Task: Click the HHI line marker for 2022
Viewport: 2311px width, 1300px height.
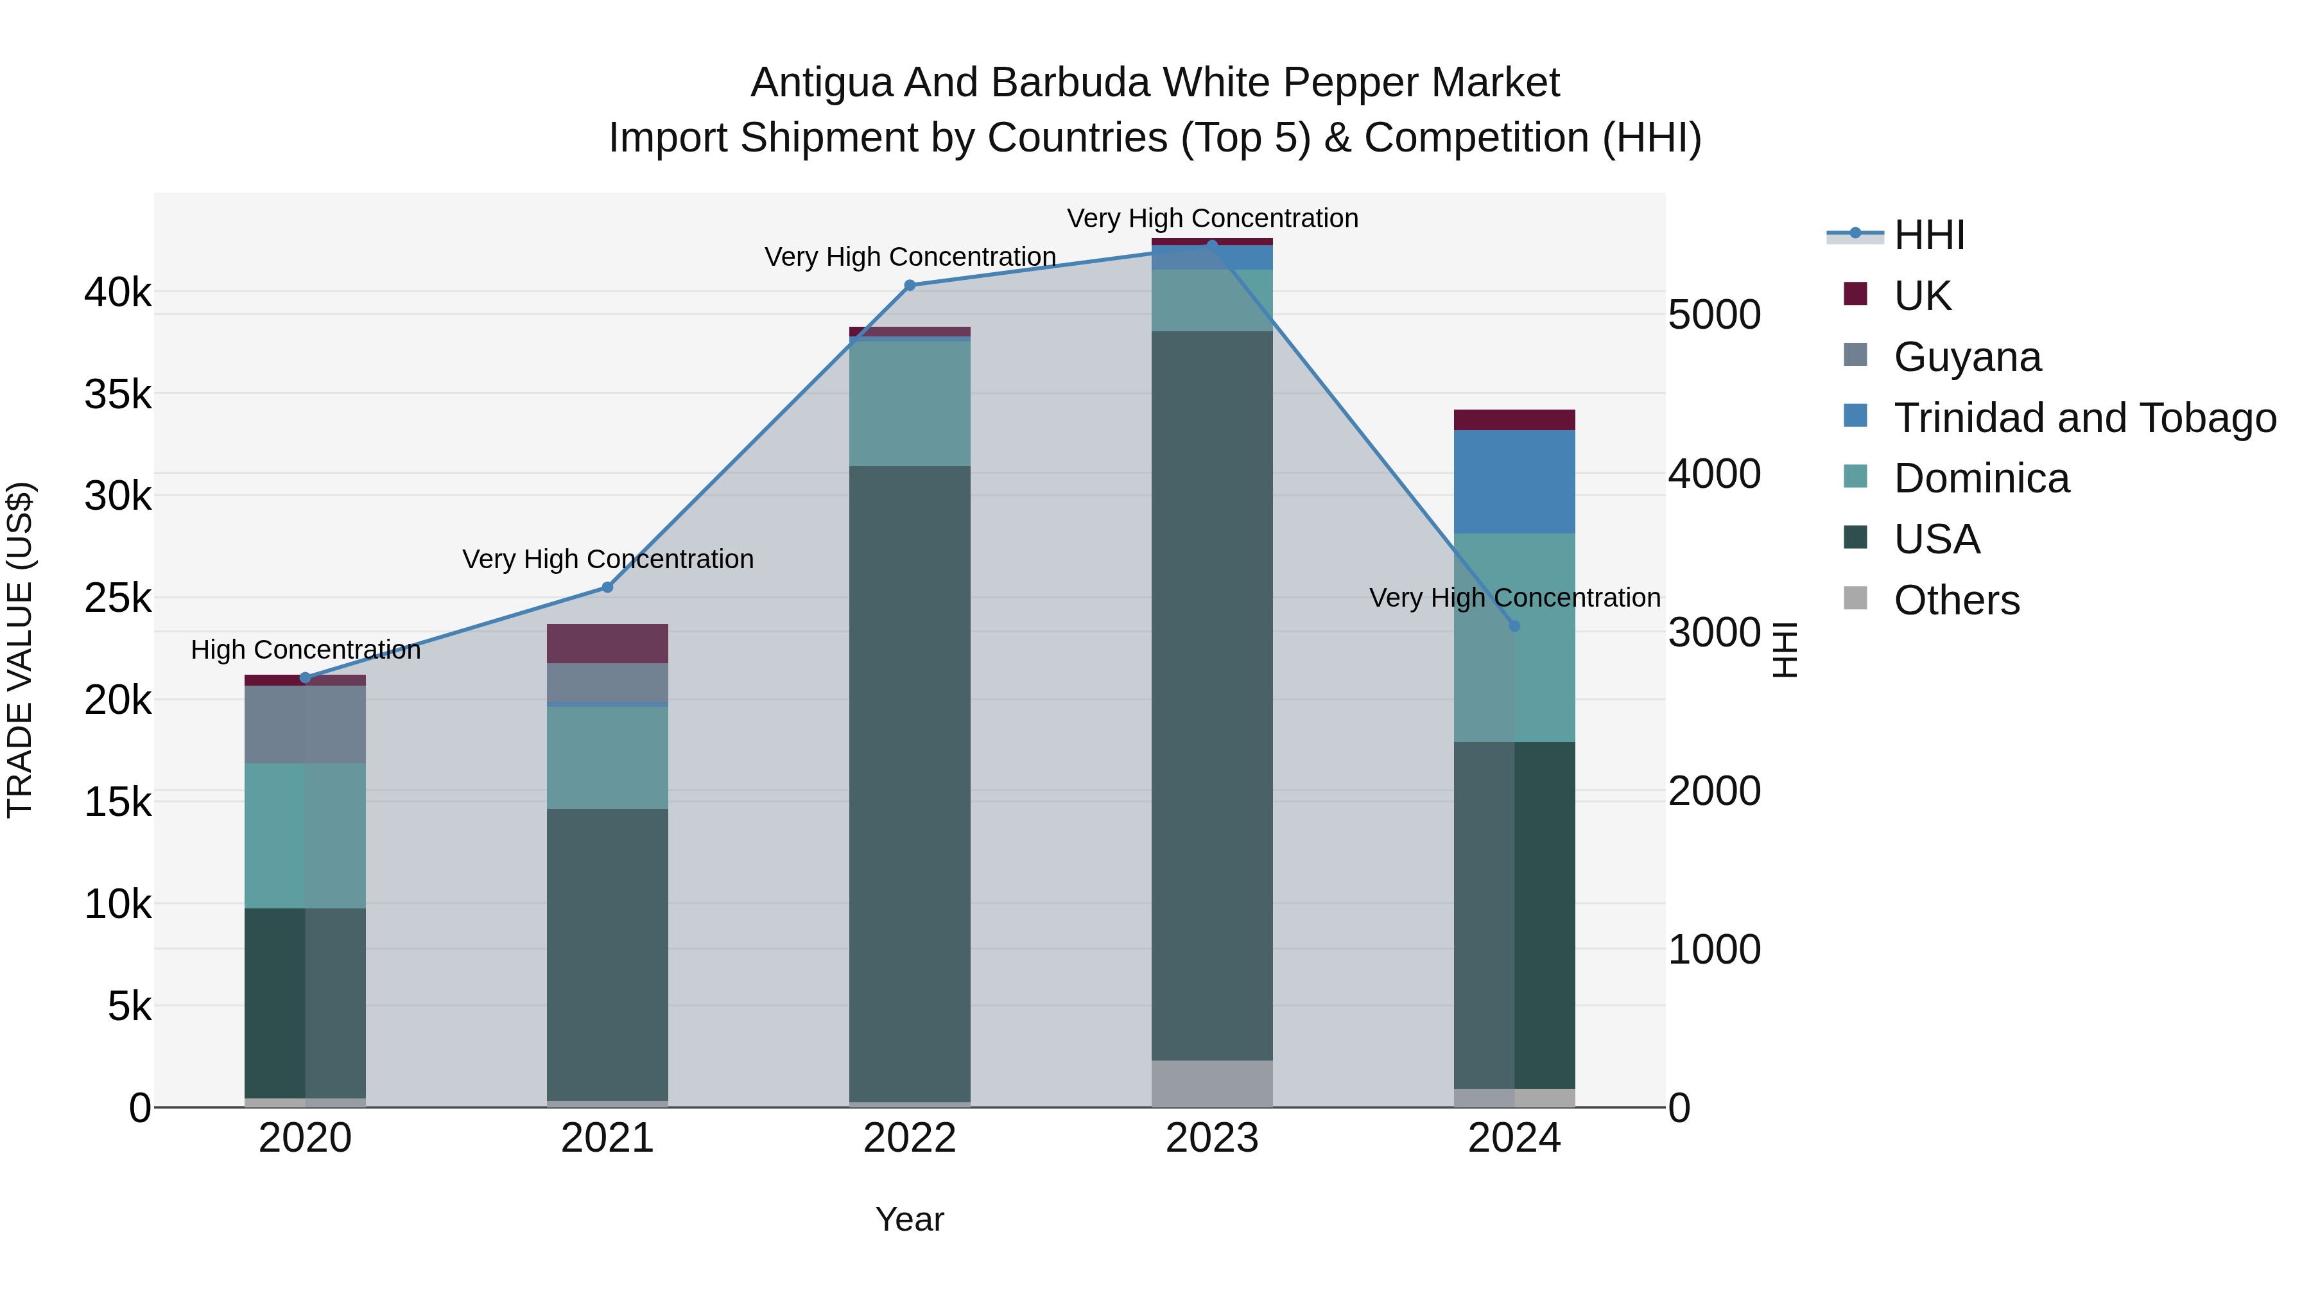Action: (x=910, y=285)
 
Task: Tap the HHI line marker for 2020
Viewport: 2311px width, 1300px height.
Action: (x=305, y=677)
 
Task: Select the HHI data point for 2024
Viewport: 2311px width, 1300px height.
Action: (x=1514, y=626)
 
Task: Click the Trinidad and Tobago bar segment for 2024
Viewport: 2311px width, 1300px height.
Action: (x=1514, y=481)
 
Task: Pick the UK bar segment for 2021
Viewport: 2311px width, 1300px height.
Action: (x=607, y=643)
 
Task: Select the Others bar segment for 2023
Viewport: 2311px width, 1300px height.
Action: (x=1212, y=1084)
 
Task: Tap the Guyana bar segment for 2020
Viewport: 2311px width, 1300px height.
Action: (x=305, y=724)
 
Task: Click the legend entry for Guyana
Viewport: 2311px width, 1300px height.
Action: (x=1968, y=357)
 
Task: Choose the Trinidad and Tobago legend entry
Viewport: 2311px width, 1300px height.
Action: (x=2084, y=418)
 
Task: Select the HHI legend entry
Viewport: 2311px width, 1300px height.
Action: (x=1929, y=235)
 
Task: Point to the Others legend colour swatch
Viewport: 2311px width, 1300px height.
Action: (x=1855, y=598)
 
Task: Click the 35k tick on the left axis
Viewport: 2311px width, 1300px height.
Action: (x=117, y=395)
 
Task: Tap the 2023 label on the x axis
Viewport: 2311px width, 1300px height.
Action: (x=1212, y=1138)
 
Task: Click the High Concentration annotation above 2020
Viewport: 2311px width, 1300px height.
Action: (x=305, y=650)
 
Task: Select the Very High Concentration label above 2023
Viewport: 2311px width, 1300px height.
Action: (x=1212, y=218)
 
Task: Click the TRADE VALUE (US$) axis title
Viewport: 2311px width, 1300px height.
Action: (x=20, y=650)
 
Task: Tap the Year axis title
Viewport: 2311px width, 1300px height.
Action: (x=910, y=1219)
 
